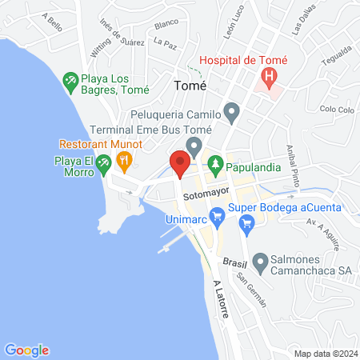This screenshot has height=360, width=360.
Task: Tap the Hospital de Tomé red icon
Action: [270, 78]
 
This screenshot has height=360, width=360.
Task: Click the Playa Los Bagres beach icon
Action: [70, 80]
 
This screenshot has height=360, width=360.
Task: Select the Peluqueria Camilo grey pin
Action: [232, 112]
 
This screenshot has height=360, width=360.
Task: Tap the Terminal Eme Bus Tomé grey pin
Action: [193, 146]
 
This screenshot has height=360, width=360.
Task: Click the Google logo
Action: [27, 350]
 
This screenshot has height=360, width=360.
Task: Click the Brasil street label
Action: [234, 262]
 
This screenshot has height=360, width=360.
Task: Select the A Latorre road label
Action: [222, 300]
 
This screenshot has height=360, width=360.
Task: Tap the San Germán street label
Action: [250, 290]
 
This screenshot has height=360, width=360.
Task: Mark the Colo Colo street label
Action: [335, 109]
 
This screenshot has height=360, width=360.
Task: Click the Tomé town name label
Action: [190, 85]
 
